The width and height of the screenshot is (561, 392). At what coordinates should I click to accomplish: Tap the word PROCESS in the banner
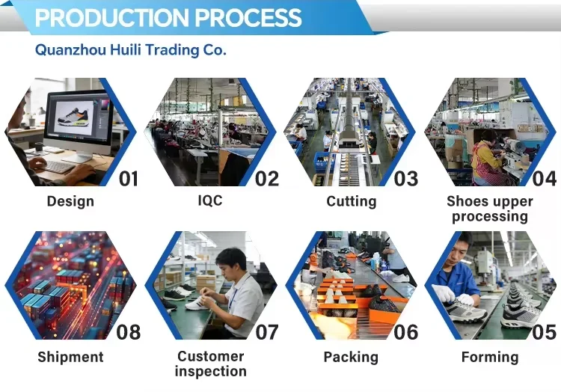tap(248, 17)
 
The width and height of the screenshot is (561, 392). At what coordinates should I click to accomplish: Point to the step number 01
tap(128, 179)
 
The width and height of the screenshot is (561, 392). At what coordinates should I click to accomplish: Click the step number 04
tap(545, 179)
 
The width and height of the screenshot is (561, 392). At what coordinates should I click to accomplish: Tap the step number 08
tap(128, 332)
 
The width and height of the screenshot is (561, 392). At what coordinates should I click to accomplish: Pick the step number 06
tap(405, 332)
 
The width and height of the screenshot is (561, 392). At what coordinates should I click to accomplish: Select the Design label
tap(70, 201)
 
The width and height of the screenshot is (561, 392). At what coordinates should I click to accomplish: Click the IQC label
tap(210, 200)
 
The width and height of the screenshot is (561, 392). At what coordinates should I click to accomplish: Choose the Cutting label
tap(352, 201)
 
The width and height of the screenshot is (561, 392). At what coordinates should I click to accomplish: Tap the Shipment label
tap(70, 357)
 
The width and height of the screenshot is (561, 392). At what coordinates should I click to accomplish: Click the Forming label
tap(490, 357)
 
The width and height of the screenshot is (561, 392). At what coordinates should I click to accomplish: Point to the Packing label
tap(351, 357)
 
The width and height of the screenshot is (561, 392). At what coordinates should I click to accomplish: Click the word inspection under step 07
tap(211, 371)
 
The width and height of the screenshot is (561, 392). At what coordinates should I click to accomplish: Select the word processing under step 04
tap(490, 217)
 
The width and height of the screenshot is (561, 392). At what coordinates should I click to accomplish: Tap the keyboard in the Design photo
tap(58, 166)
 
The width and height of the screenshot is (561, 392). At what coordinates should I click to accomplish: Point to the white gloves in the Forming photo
tap(453, 295)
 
